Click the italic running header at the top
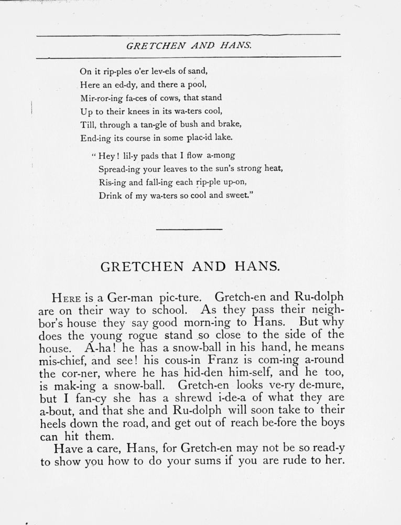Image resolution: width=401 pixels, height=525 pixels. [x=189, y=46]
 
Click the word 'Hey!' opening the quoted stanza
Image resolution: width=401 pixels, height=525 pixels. [x=108, y=155]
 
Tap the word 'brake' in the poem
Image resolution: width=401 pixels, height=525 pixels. [x=229, y=124]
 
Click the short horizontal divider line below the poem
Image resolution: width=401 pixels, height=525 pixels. [x=189, y=229]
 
